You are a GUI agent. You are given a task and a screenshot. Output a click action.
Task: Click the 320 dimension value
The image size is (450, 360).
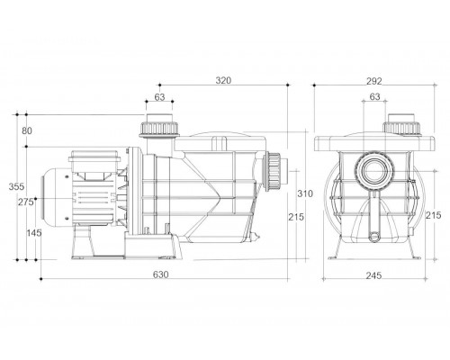coord(223,80)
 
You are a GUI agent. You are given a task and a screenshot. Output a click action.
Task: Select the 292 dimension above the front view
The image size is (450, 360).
coord(374,81)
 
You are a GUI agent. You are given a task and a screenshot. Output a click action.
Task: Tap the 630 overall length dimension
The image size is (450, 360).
coord(161,274)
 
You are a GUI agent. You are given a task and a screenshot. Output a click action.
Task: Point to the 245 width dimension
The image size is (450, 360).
coord(373,275)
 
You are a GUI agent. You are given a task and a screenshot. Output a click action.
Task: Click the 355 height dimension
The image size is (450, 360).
coord(16,186)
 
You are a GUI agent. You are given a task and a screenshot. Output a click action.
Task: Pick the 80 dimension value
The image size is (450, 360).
coord(27,130)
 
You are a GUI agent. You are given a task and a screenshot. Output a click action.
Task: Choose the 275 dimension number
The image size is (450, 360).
coord(25,202)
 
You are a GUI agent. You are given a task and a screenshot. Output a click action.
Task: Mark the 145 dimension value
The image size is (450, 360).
coord(34,233)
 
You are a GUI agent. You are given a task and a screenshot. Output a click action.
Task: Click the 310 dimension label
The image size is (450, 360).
coord(305,193)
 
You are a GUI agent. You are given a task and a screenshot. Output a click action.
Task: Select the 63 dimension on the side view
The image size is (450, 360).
coord(159,97)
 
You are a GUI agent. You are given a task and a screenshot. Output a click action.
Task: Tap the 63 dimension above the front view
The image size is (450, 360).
coord(374,96)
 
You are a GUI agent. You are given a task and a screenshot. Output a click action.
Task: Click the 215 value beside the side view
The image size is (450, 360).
coord(296,217)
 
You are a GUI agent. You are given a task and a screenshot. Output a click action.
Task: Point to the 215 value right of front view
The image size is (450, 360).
coord(434,215)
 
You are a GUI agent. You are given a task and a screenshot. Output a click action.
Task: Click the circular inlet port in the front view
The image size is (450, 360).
coord(374,171)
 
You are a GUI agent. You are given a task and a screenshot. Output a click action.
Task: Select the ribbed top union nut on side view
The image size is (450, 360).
coord(159,129)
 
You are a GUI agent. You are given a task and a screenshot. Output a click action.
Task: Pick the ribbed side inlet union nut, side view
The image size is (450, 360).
coord(274,171)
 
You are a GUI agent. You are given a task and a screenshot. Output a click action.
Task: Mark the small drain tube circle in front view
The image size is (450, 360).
coord(374,237)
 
